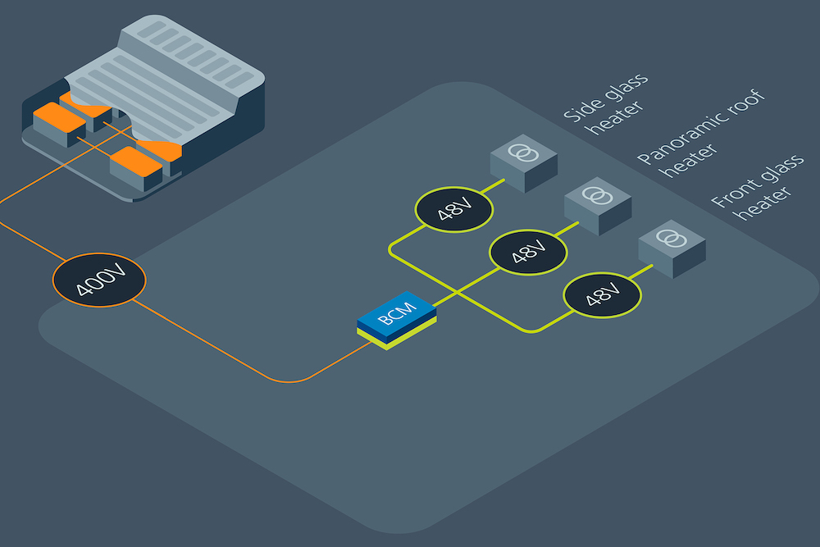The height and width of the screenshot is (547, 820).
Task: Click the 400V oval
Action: click(x=99, y=280)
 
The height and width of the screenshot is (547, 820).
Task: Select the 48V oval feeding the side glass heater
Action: click(x=453, y=211)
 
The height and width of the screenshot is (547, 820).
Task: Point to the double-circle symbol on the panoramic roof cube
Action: click(x=599, y=195)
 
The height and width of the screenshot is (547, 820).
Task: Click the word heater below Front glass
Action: click(x=765, y=203)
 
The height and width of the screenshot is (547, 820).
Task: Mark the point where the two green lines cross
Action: click(x=458, y=293)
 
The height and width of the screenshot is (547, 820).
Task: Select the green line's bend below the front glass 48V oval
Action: click(x=533, y=330)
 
